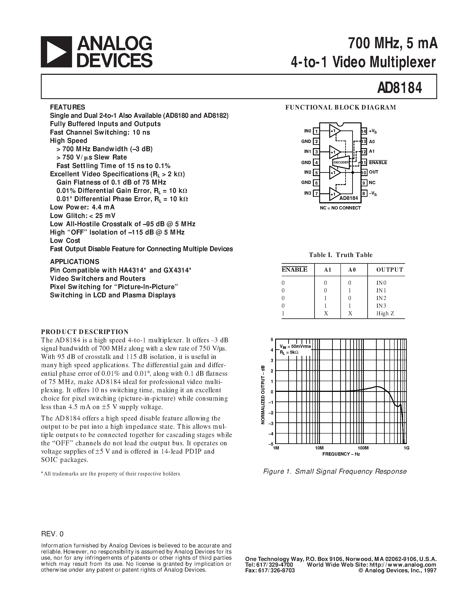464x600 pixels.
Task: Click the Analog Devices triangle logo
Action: pyautogui.click(x=56, y=52)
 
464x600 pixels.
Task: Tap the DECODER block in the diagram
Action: pyautogui.click(x=341, y=162)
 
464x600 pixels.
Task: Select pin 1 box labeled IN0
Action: pyautogui.click(x=316, y=131)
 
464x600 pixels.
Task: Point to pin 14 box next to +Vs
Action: pyautogui.click(x=364, y=131)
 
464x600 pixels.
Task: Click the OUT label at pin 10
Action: pyautogui.click(x=374, y=172)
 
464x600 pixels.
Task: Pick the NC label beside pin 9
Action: pyautogui.click(x=372, y=183)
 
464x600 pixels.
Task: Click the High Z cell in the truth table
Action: pyautogui.click(x=385, y=314)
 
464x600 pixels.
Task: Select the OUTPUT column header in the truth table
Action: pyautogui.click(x=390, y=270)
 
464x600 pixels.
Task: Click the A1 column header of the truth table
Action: pyautogui.click(x=327, y=270)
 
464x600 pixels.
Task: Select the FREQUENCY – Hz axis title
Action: pyautogui.click(x=341, y=454)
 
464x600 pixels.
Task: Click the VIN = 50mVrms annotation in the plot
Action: pyautogui.click(x=295, y=346)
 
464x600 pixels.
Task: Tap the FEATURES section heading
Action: pyautogui.click(x=68, y=107)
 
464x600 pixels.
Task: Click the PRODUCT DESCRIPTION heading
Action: pyautogui.click(x=85, y=332)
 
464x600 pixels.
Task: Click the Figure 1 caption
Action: pyautogui.click(x=335, y=471)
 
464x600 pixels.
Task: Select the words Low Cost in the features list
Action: pyautogui.click(x=65, y=241)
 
